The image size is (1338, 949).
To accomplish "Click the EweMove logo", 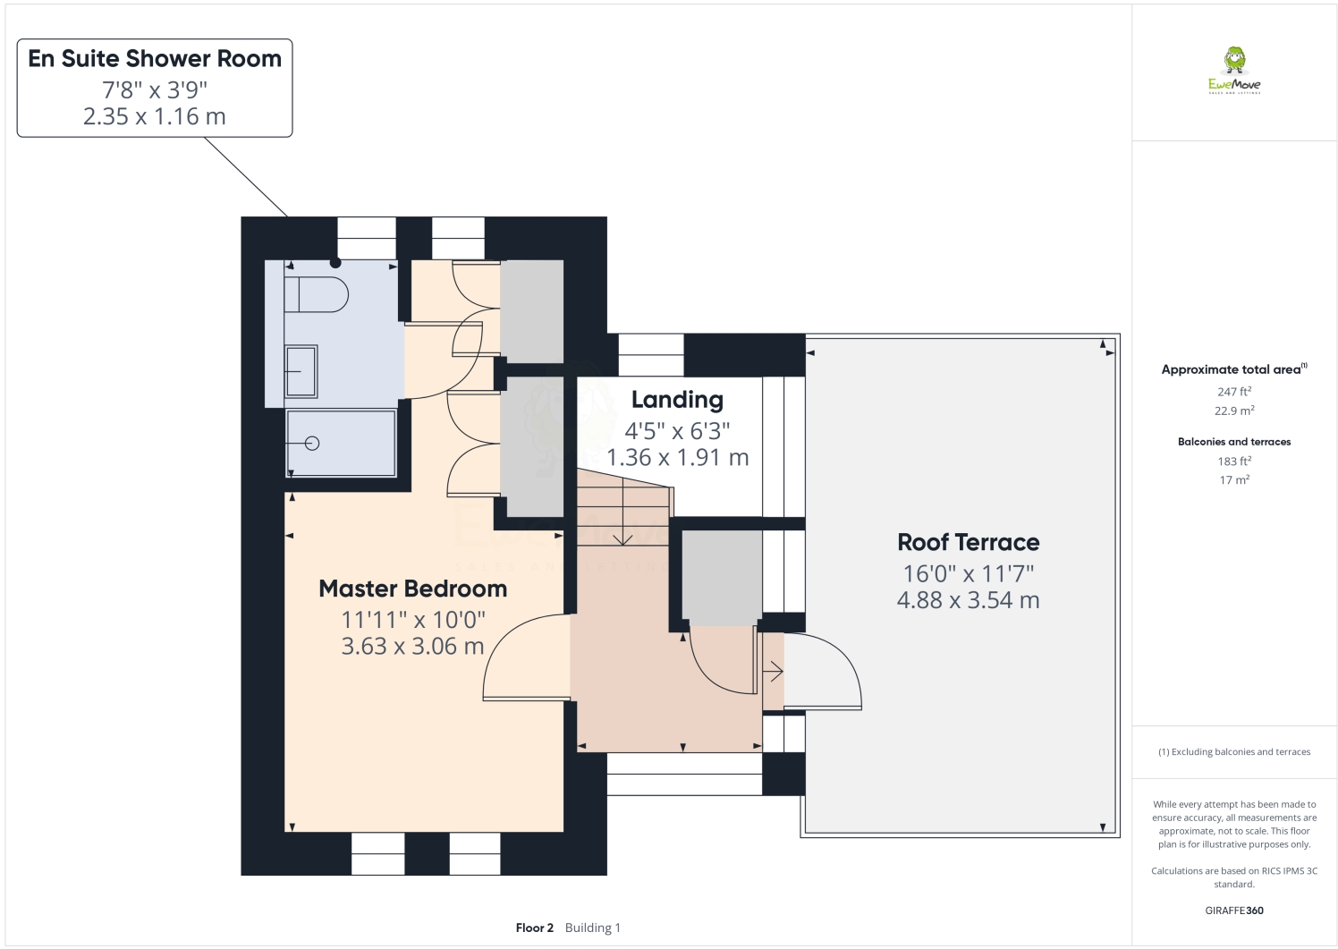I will pos(1234,71).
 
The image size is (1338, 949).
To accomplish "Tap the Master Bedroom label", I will pos(412,589).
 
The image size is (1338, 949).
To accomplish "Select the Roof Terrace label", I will pos(968,542).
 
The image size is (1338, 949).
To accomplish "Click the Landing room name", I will pos(676,400).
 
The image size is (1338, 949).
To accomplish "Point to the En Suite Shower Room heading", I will pos(155,59).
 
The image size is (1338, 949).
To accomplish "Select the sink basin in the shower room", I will pos(301,371).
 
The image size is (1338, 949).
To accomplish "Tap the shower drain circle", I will pos(312,443).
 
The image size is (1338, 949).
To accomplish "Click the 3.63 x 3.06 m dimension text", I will pos(412,646).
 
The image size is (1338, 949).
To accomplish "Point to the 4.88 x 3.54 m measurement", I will pos(968,600).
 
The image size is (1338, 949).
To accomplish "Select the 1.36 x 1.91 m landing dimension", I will pos(677,457).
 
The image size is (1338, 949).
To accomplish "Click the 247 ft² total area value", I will pos(1233,392).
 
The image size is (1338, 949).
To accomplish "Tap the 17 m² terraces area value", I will pos(1233,480).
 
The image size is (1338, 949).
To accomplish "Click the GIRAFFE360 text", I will pos(1233,911).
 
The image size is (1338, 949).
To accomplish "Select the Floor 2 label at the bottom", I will pos(535,928).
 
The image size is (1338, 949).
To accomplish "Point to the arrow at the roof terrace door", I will pos(774,672).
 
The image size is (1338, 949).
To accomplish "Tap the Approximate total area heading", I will pos(1233,369).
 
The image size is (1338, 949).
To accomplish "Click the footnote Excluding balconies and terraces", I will pos(1233,752).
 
